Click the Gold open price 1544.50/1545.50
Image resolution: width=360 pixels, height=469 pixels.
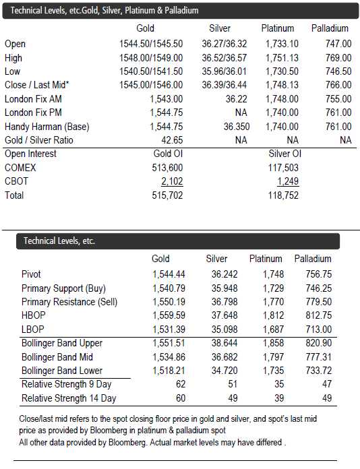point(151,44)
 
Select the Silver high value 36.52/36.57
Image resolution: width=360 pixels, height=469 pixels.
point(224,58)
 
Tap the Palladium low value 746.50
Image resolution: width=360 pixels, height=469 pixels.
point(338,71)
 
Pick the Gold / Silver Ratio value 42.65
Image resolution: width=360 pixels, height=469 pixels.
point(172,140)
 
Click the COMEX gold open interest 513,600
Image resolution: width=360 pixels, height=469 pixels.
point(167,168)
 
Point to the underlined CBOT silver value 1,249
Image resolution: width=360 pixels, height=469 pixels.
point(288,181)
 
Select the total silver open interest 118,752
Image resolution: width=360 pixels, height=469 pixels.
point(283,195)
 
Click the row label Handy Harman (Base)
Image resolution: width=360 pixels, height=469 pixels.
point(47,127)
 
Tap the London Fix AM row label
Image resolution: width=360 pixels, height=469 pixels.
point(33,98)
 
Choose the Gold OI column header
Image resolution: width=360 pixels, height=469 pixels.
point(168,154)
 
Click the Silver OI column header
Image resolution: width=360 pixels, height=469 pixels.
point(284,154)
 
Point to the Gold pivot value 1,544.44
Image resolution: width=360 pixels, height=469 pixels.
point(169,274)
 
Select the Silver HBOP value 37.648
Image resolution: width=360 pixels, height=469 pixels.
point(224,315)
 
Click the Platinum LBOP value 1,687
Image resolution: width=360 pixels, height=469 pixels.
point(273,330)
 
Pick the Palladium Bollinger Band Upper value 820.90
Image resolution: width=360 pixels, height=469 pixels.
point(319,343)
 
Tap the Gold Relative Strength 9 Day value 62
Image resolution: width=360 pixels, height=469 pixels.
point(181,384)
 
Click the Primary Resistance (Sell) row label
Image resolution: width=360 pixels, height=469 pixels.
point(69,302)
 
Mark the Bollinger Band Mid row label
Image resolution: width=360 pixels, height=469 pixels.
point(57,357)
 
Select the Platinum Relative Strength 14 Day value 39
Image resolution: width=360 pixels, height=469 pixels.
point(279,398)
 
